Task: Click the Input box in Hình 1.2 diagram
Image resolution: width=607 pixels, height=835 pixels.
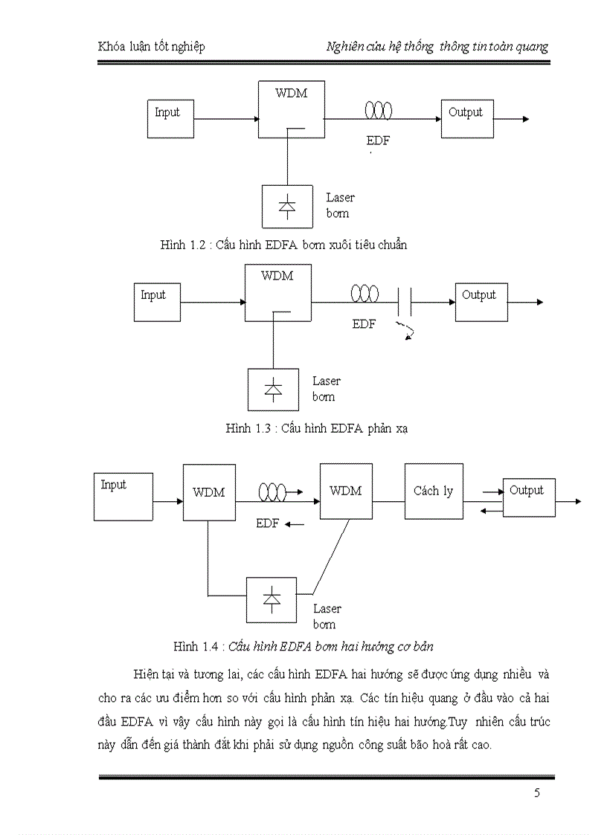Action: [x=170, y=119]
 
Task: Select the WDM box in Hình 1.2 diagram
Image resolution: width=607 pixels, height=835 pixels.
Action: [x=292, y=109]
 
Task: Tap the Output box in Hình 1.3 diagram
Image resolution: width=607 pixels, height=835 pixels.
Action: [x=481, y=302]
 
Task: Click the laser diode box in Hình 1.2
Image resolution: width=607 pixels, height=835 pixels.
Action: [x=286, y=206]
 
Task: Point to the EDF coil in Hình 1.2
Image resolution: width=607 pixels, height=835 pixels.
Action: [x=378, y=111]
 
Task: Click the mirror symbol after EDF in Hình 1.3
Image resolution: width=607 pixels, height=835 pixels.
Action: [x=405, y=301]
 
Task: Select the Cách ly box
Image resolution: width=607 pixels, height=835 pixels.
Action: [x=434, y=491]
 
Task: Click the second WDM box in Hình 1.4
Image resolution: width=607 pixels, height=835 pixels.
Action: [x=346, y=491]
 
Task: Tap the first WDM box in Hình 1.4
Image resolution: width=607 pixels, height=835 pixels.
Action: [x=209, y=492]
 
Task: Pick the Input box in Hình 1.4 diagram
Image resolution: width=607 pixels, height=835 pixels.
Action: [x=123, y=496]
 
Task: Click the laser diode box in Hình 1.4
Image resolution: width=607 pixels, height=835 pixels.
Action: [x=272, y=599]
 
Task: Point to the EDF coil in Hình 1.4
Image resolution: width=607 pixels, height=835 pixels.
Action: [x=272, y=491]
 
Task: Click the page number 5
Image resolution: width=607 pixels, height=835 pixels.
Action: [x=537, y=793]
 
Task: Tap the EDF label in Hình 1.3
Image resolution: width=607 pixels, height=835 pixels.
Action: [x=364, y=324]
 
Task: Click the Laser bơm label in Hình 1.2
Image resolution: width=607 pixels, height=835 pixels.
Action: [x=340, y=205]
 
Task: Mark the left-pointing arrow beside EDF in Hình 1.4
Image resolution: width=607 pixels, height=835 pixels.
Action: [x=295, y=524]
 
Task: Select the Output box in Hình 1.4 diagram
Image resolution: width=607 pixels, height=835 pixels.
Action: [x=529, y=497]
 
